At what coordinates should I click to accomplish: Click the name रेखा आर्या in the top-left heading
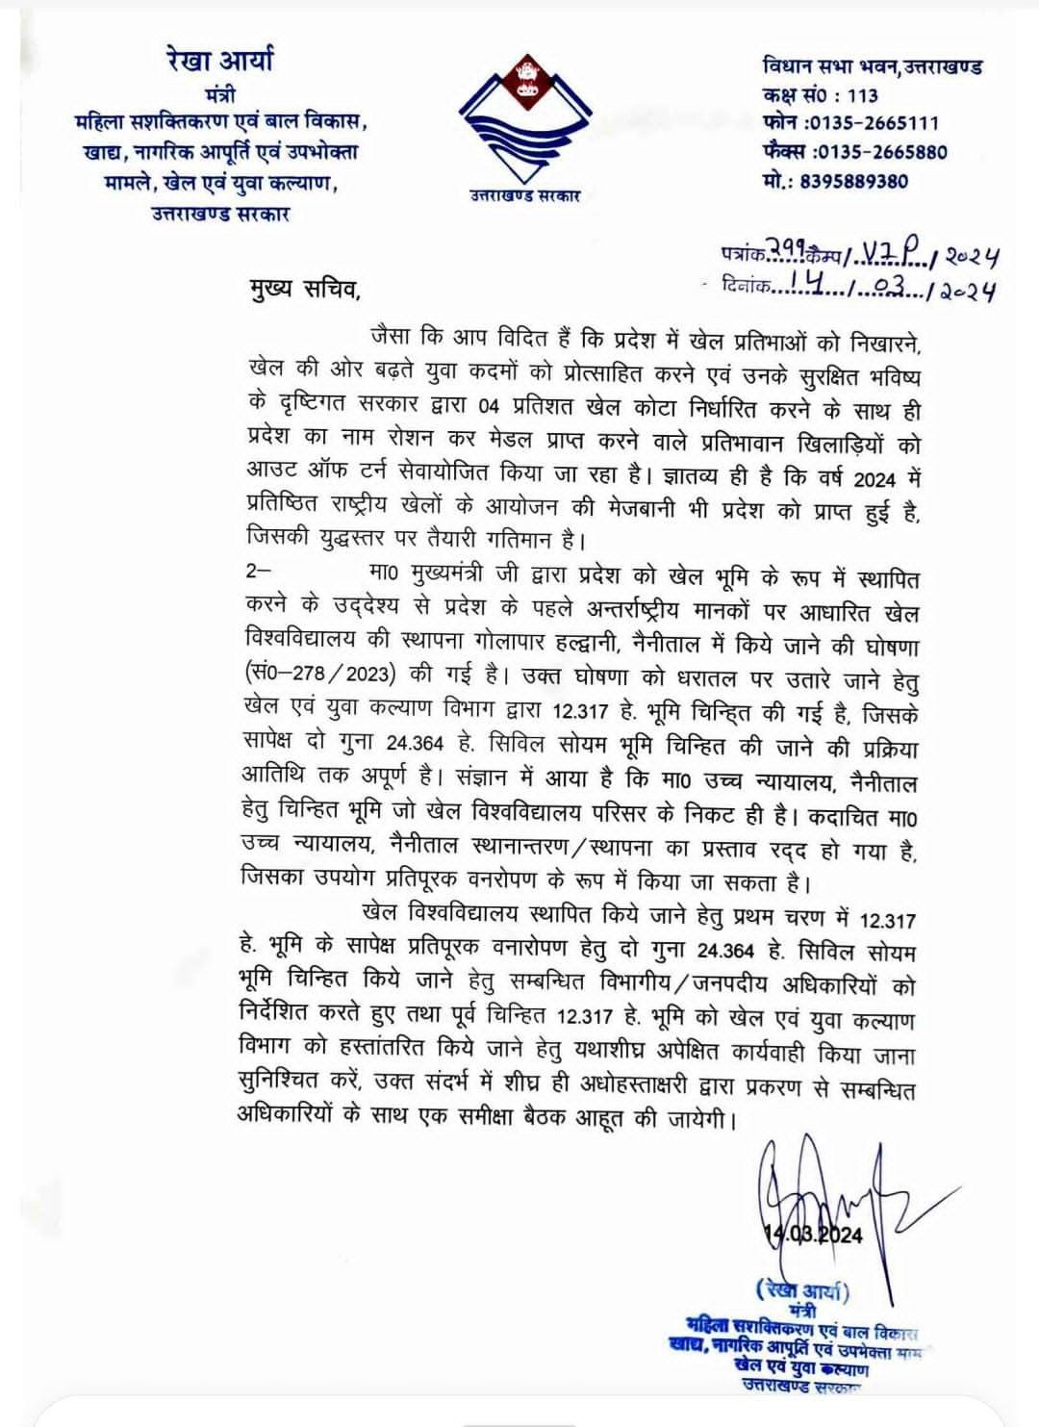220,61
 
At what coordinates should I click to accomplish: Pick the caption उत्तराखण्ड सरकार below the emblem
524,196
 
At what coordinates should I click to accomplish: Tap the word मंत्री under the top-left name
220,95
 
